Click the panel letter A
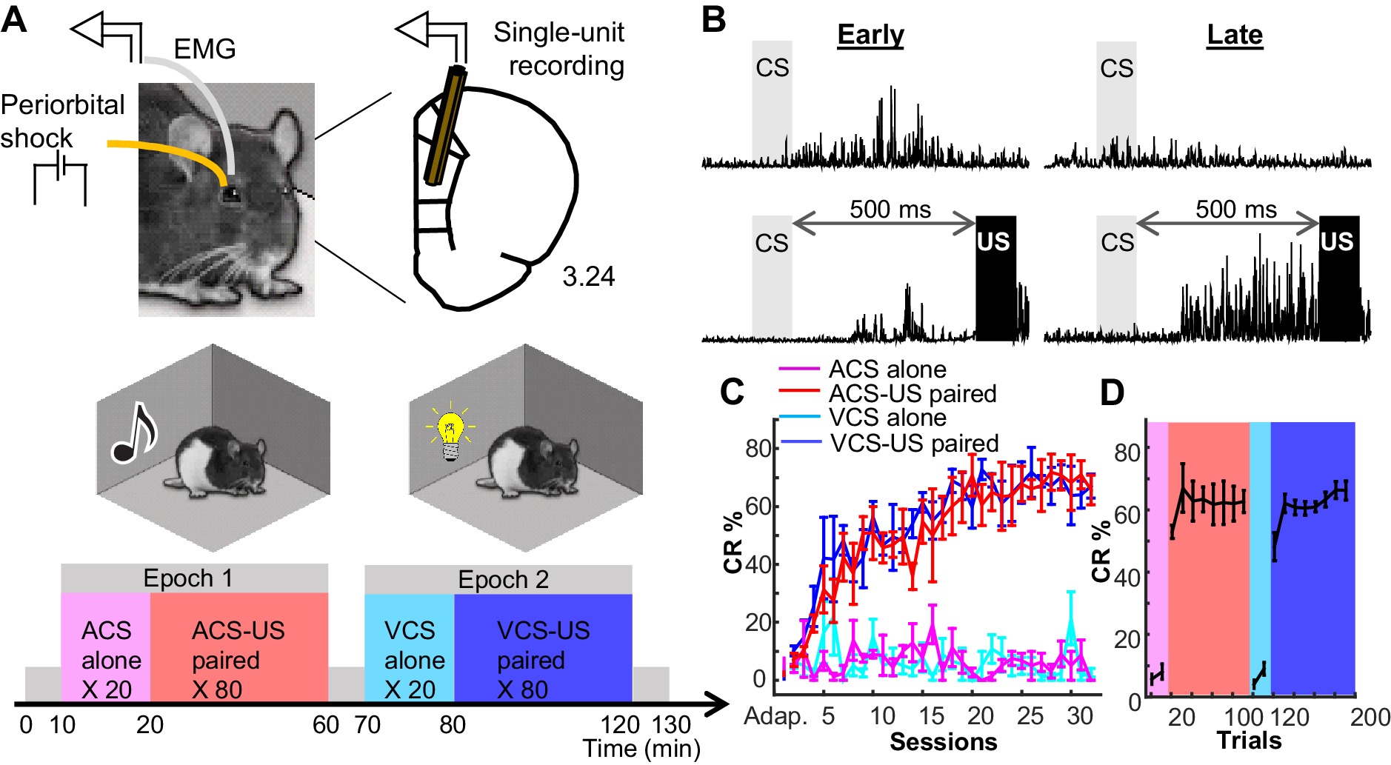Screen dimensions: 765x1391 15,19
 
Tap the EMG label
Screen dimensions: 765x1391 204,50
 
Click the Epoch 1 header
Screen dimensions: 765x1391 187,578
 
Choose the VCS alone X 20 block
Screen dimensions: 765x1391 410,659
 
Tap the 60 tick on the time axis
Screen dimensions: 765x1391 326,725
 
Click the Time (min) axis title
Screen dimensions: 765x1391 641,749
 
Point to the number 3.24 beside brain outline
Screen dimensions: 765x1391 588,277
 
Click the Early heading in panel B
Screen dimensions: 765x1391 870,35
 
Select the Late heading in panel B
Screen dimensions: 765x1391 1234,35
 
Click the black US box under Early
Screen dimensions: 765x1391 995,278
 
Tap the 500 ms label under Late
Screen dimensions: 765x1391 1235,210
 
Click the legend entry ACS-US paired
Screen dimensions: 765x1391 912,393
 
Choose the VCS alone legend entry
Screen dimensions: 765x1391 887,418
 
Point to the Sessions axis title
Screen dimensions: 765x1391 943,742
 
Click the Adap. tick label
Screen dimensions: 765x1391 775,716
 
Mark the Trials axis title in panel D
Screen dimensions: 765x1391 1249,741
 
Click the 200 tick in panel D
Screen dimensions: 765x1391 1370,717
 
